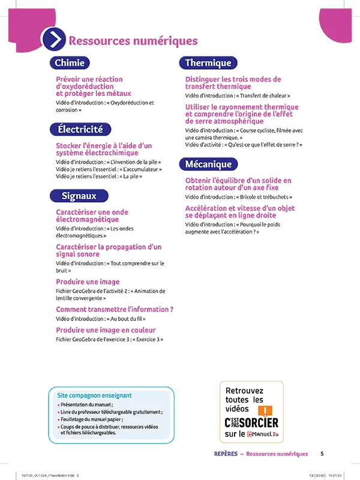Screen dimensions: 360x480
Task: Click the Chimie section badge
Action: click(70, 63)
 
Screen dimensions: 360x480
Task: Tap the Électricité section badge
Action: click(80, 129)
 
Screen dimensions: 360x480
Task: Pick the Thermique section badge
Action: click(208, 63)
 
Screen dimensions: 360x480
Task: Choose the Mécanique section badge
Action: click(208, 164)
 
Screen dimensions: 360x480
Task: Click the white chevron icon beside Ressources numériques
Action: click(53, 40)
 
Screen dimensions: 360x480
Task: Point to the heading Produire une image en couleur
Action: click(106, 330)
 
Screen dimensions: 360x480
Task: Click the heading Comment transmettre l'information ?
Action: click(115, 310)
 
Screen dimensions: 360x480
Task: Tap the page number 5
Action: click(322, 454)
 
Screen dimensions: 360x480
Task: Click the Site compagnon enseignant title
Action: click(94, 396)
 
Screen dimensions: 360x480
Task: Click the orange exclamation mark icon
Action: click(263, 410)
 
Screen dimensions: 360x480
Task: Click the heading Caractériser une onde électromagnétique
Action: click(92, 216)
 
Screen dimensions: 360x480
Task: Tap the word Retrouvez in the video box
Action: click(244, 391)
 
